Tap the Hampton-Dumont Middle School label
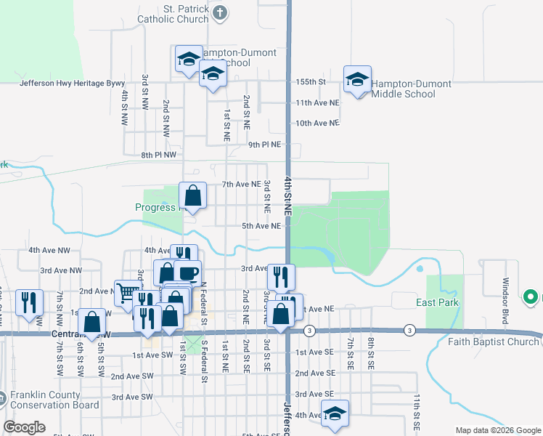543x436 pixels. click(x=412, y=89)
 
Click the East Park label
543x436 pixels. click(x=438, y=302)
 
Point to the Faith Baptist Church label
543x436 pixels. click(x=494, y=342)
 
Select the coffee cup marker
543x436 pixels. click(x=187, y=272)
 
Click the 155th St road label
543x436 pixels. click(x=311, y=82)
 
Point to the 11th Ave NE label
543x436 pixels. click(x=317, y=103)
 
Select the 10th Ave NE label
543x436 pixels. click(x=317, y=123)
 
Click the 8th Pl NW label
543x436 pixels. click(x=159, y=155)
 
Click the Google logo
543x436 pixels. click(x=24, y=427)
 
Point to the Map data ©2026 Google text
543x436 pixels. click(x=497, y=430)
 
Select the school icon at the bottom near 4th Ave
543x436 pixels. click(x=335, y=413)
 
